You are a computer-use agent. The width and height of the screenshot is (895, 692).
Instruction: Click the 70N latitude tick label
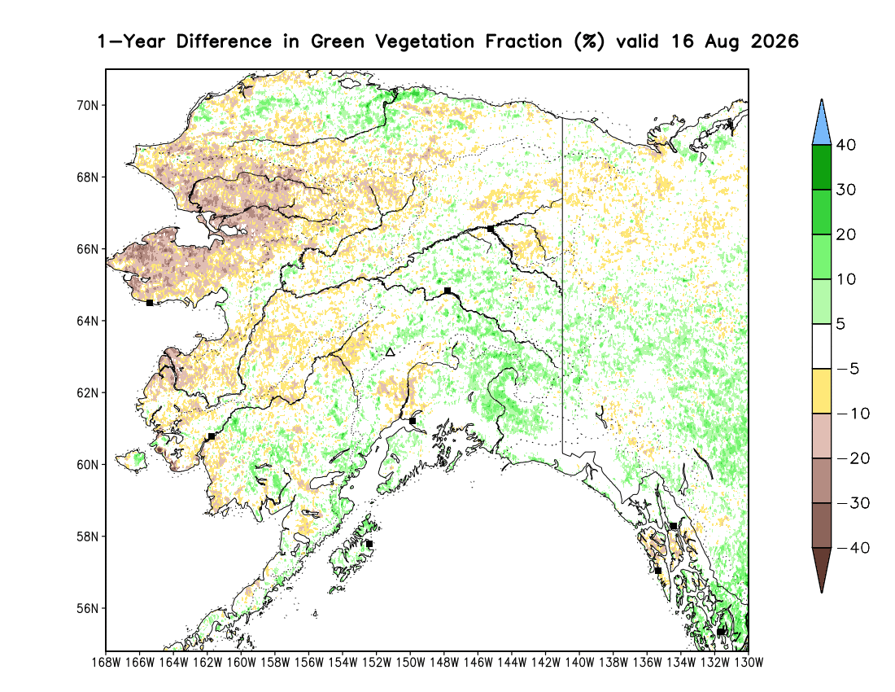tap(87, 106)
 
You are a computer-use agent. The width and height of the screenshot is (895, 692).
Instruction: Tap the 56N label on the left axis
tap(87, 609)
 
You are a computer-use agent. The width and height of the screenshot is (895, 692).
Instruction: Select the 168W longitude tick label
tap(106, 663)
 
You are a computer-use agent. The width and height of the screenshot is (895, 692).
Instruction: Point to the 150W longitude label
tap(410, 663)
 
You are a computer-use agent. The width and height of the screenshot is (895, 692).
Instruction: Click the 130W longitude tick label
tap(749, 663)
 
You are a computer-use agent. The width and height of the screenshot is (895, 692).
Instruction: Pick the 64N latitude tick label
tap(87, 321)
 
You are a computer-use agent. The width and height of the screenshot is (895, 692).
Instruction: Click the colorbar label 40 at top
tap(846, 145)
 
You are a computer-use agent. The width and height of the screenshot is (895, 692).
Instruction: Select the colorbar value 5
tap(840, 324)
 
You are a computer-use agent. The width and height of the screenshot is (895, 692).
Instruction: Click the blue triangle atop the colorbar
tap(822, 125)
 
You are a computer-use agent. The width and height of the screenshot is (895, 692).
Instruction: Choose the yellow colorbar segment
tap(822, 391)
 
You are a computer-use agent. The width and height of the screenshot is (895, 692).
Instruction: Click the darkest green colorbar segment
tap(822, 167)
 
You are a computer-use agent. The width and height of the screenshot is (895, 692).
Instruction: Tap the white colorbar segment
tap(822, 347)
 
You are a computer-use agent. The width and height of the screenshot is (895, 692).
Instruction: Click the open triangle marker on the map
tap(390, 352)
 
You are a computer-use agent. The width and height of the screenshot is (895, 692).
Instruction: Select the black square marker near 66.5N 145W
tap(491, 229)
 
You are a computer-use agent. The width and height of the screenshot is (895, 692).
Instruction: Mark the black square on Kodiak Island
tap(369, 544)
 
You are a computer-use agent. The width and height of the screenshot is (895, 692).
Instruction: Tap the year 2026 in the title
tap(775, 42)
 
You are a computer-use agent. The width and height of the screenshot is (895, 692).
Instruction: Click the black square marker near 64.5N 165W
tap(150, 303)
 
